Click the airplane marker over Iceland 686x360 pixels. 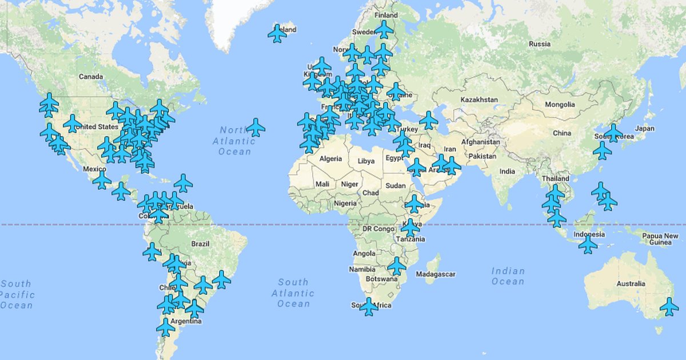[277, 33]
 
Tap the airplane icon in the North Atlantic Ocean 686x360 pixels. [256, 127]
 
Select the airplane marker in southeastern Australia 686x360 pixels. [669, 306]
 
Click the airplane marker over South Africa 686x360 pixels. [369, 306]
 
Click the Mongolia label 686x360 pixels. [560, 105]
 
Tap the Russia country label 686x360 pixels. [540, 44]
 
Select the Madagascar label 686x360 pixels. [436, 274]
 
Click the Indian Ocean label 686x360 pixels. [508, 276]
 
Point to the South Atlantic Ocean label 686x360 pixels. [293, 293]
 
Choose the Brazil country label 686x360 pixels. [200, 243]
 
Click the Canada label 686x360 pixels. [91, 77]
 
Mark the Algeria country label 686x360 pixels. [330, 158]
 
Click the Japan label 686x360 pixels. [645, 129]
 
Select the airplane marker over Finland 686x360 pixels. [384, 29]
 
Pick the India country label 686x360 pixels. [507, 171]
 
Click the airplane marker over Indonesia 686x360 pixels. [588, 245]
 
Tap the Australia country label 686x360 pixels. [631, 283]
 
